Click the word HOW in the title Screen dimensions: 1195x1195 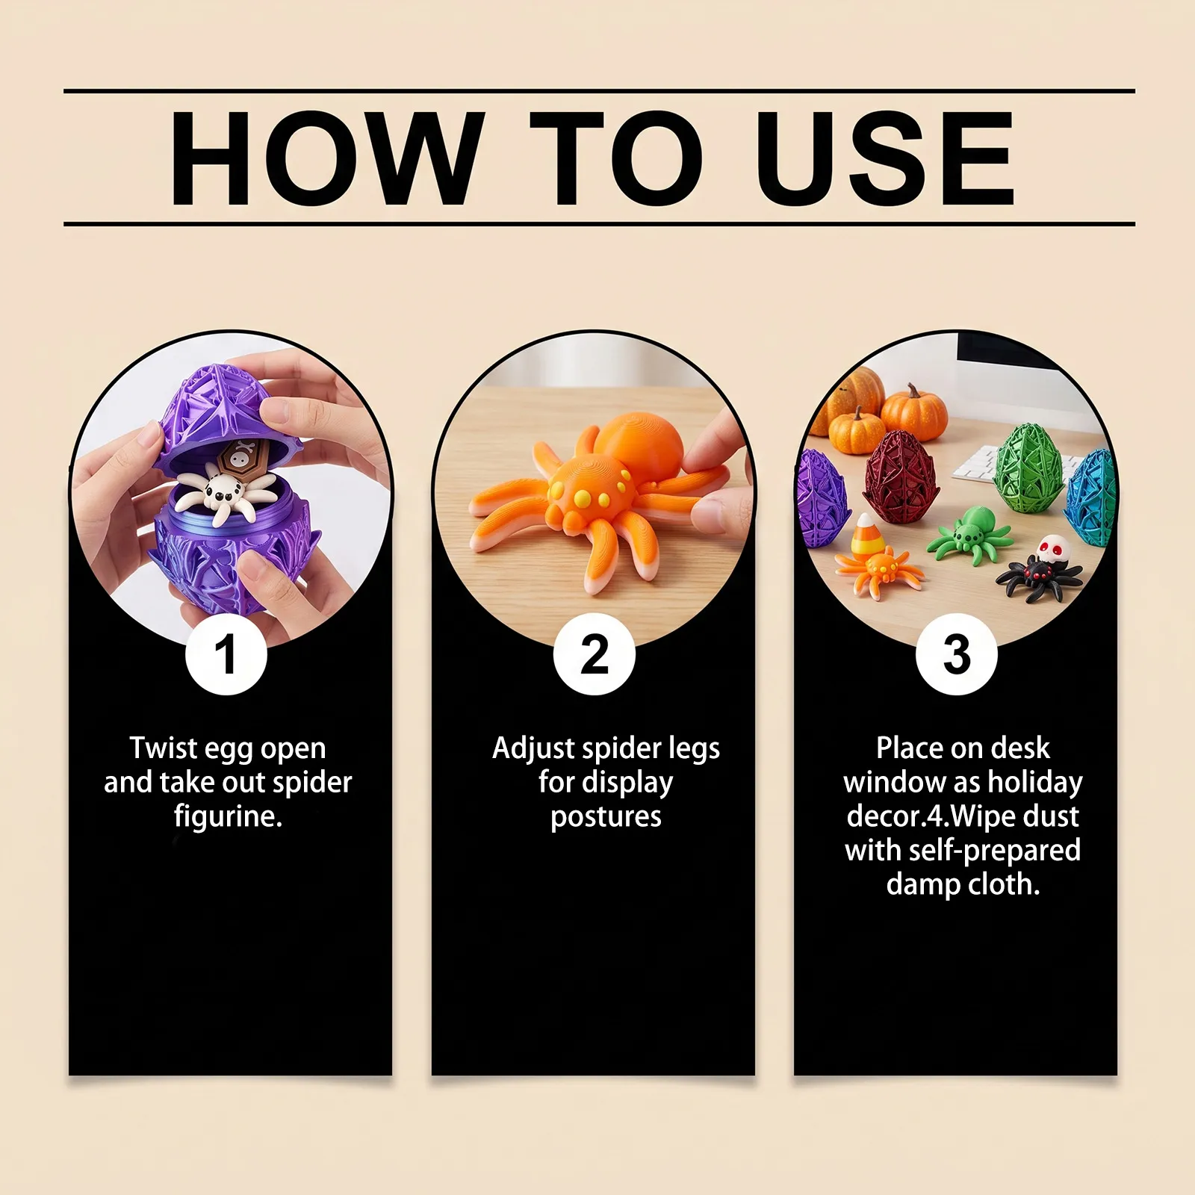click(x=324, y=158)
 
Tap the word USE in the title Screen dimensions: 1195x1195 click(x=886, y=158)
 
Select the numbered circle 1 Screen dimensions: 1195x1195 click(x=226, y=654)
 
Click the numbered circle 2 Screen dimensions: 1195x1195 click(x=595, y=654)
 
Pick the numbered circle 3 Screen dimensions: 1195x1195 click(x=957, y=654)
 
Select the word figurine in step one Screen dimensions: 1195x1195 click(x=229, y=816)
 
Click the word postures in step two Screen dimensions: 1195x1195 click(x=606, y=817)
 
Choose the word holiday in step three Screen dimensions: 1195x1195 click(x=1035, y=782)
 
